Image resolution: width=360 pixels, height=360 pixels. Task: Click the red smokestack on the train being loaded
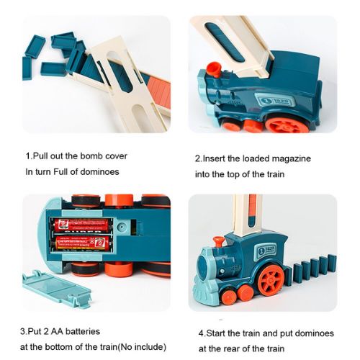click(213, 70)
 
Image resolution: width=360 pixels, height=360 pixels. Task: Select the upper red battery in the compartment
click(81, 225)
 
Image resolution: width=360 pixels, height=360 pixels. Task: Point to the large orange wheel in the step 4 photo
click(271, 279)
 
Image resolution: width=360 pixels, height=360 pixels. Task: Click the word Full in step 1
click(60, 172)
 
